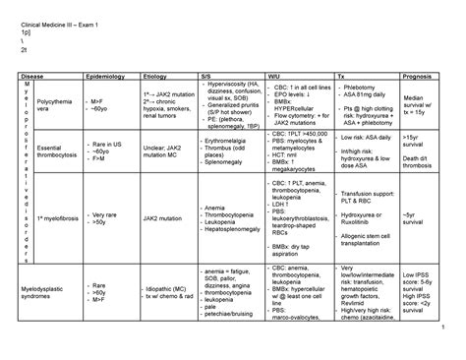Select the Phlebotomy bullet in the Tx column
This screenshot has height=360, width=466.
tap(362, 88)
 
